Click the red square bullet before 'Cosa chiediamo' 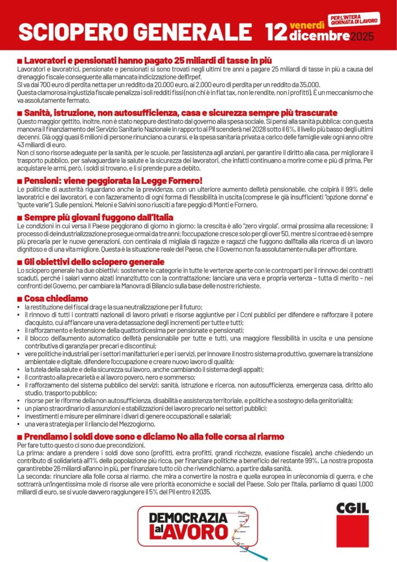pyautogui.click(x=20, y=299)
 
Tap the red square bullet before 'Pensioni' pyautogui.click(x=20, y=181)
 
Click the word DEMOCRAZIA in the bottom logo pyautogui.click(x=188, y=517)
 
